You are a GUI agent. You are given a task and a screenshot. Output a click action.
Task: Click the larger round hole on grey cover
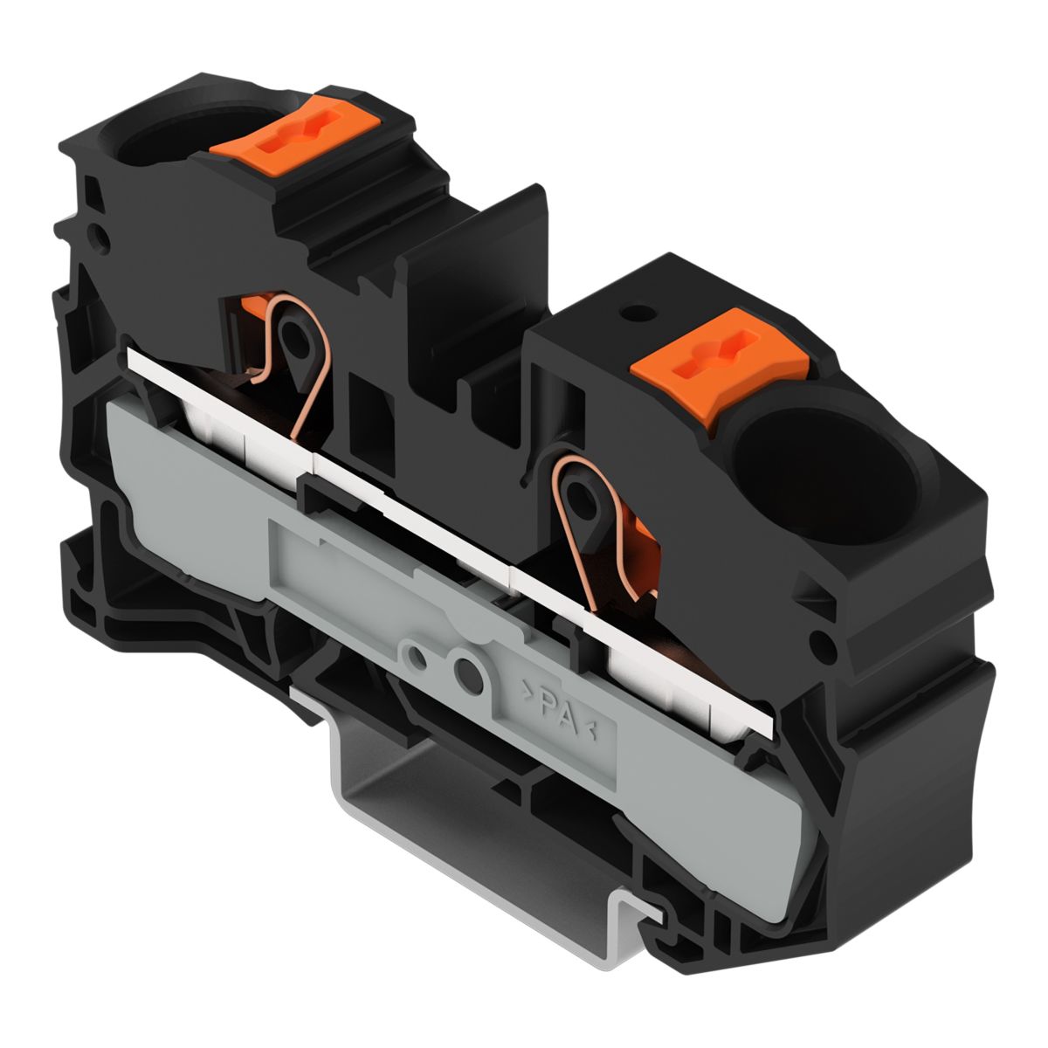coord(468,675)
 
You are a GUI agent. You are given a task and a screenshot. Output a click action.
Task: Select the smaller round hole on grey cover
coord(417,657)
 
